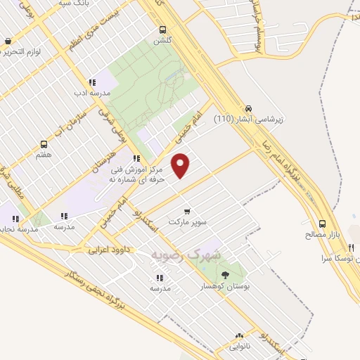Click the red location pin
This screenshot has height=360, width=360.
pyautogui.click(x=181, y=165)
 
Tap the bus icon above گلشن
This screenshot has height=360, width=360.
pyautogui.click(x=163, y=30)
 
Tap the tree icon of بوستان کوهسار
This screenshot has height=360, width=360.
pyautogui.click(x=225, y=274)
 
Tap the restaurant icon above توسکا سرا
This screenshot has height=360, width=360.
pyautogui.click(x=352, y=248)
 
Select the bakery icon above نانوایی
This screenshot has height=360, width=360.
pyautogui.click(x=239, y=336)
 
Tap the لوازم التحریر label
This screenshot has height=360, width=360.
pyautogui.click(x=21, y=51)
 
